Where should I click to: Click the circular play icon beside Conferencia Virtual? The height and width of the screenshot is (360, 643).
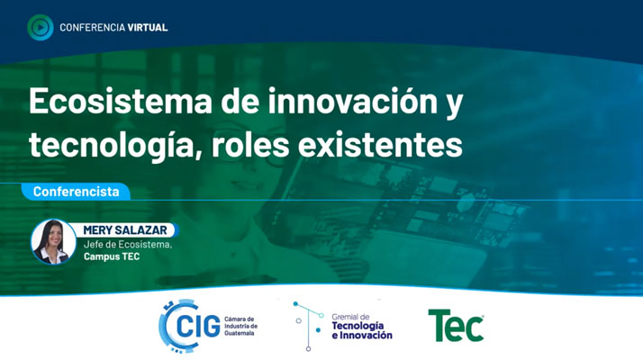pos(41,28)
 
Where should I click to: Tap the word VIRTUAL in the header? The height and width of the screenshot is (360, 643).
pos(148,28)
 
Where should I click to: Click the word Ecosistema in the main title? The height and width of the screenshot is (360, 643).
pos(120,102)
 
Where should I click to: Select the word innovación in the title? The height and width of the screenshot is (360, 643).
pos(353,102)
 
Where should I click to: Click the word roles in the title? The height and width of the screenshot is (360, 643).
pos(251,145)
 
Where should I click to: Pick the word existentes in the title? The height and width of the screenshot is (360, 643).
pos(380,145)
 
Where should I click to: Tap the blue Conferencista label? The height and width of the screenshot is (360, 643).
pos(77,192)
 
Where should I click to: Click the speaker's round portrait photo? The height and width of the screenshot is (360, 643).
pos(53,241)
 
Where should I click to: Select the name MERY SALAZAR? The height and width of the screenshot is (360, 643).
pos(125,230)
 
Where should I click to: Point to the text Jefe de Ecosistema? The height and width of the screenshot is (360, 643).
pos(128,245)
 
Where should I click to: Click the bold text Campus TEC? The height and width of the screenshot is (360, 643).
pos(112,256)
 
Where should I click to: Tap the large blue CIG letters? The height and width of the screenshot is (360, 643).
pos(198,327)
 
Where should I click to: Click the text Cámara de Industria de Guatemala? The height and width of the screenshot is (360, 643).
pos(241,327)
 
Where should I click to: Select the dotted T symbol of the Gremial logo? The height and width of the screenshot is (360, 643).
pos(308,326)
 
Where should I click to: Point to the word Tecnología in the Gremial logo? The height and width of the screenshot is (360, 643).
pos(358,326)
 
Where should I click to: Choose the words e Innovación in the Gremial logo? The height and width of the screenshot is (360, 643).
pos(362,336)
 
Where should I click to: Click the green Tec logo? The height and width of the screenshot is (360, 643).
pos(456,325)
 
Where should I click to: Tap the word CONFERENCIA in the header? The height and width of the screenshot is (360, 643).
pos(92,28)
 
